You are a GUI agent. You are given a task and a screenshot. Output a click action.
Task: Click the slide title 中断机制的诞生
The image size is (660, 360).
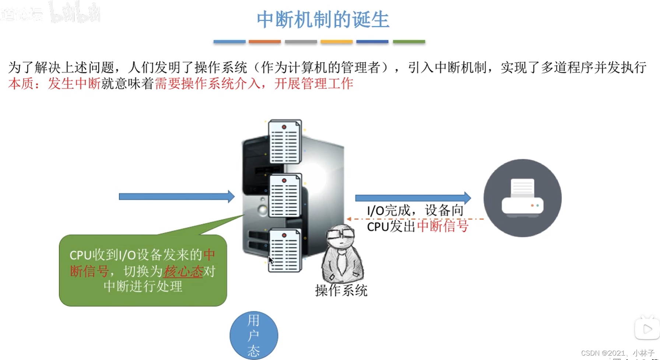pyautogui.click(x=323, y=20)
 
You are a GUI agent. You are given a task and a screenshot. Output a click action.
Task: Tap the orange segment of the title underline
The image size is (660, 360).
pyautogui.click(x=264, y=42)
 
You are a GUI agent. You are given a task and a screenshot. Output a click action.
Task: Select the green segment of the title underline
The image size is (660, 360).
pyautogui.click(x=409, y=42)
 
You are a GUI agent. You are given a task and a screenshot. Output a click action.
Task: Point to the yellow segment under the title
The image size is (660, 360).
pyautogui.click(x=336, y=42)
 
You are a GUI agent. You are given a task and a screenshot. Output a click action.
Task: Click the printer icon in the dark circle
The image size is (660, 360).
pyautogui.click(x=522, y=198)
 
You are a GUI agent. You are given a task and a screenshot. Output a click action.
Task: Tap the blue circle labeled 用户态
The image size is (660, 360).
pyautogui.click(x=254, y=335)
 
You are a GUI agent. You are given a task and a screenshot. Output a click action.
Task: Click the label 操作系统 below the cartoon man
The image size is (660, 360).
pyautogui.click(x=341, y=290)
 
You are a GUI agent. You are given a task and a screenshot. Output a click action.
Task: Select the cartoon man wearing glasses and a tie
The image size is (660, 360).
pyautogui.click(x=342, y=254)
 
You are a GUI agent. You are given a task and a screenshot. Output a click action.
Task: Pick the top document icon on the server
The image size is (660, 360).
pyautogui.click(x=285, y=142)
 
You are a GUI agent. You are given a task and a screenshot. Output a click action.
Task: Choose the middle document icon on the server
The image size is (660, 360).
pyautogui.click(x=285, y=196)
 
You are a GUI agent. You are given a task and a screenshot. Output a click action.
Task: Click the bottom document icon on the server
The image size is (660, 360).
pyautogui.click(x=285, y=251)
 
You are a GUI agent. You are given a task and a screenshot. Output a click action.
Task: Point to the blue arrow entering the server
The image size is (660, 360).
pyautogui.click(x=176, y=196)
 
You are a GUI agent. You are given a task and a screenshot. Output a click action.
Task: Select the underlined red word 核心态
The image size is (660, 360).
pyautogui.click(x=183, y=272)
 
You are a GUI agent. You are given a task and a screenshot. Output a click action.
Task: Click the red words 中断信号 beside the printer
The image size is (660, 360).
pyautogui.click(x=442, y=226)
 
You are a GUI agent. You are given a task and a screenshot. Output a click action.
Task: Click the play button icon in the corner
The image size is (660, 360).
pyautogui.click(x=647, y=329)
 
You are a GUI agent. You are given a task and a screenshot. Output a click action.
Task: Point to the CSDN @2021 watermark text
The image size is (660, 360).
pyautogui.click(x=617, y=353)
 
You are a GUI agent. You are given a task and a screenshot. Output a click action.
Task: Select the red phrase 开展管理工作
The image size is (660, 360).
pyautogui.click(x=313, y=84)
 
